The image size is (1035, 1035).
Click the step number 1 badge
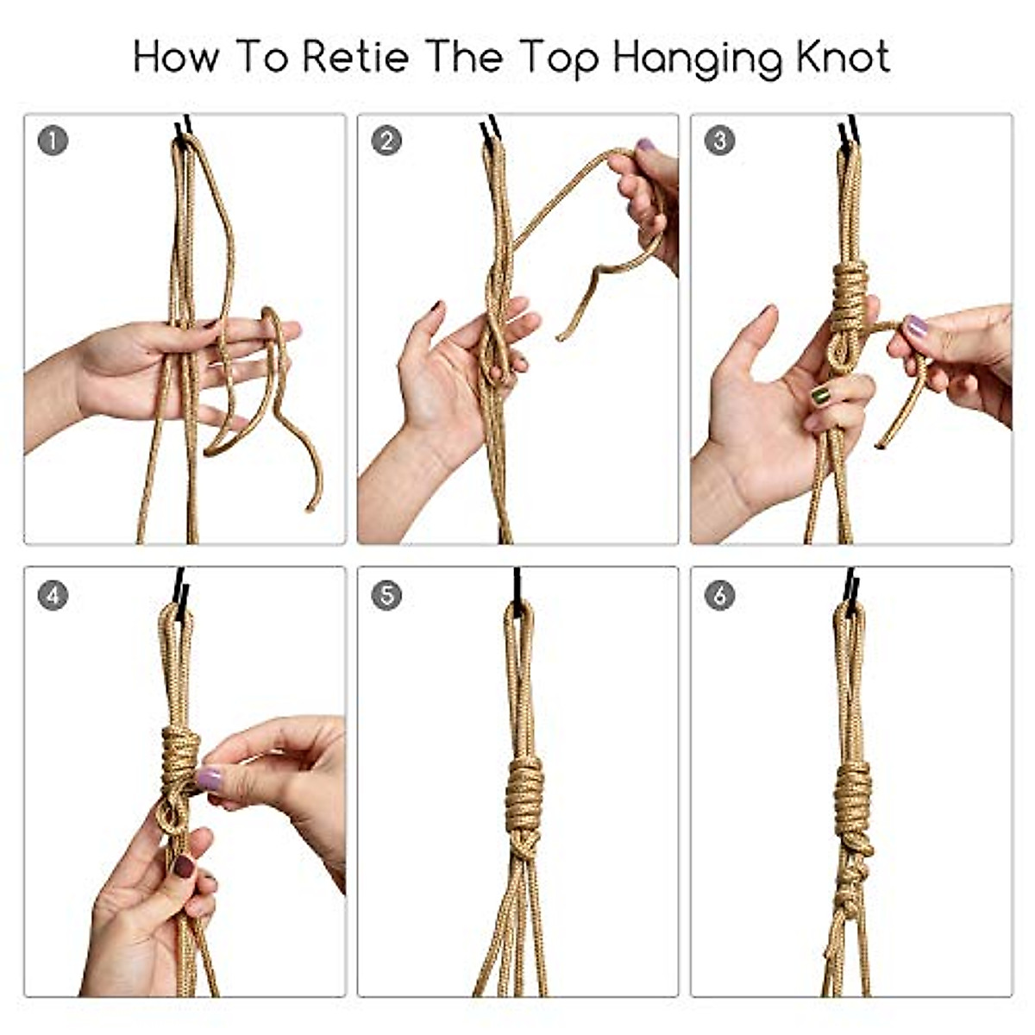coord(53,141)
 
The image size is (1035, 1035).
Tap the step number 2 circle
coord(386,141)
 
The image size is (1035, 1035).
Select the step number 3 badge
coord(720,141)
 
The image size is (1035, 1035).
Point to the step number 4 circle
coord(53,595)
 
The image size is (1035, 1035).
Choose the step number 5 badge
coord(386,595)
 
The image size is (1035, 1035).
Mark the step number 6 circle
coord(720,595)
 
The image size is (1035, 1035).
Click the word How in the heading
coord(177,57)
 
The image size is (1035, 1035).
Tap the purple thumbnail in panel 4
coord(209,780)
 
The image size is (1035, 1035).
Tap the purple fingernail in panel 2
coord(644,146)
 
